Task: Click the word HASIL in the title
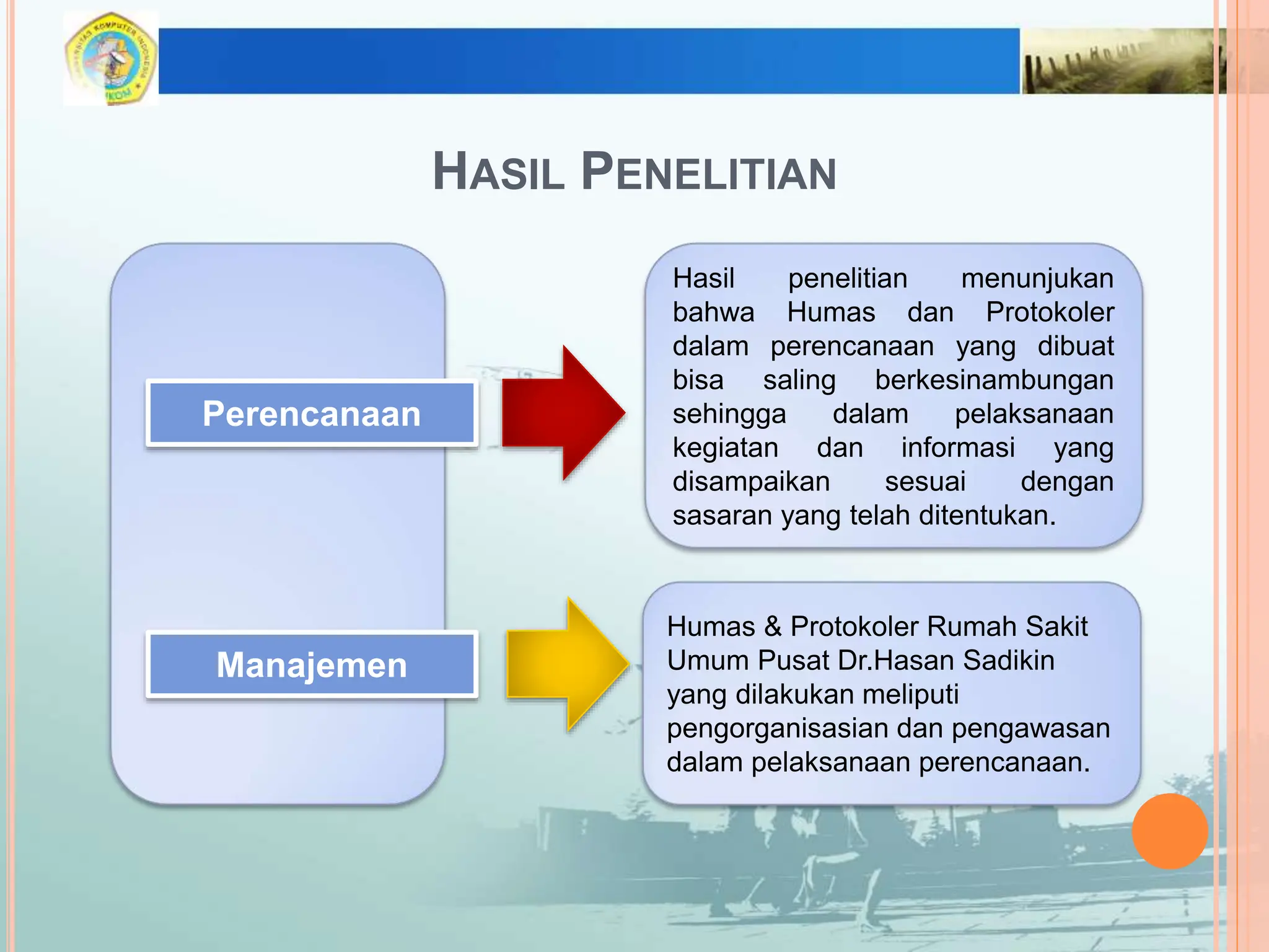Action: click(x=498, y=172)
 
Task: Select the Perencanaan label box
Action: click(x=312, y=413)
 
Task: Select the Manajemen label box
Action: click(x=312, y=665)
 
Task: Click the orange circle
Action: click(x=1169, y=831)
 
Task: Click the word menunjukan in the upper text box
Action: click(x=1037, y=278)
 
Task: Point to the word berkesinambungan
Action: click(x=993, y=380)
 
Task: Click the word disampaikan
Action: click(x=751, y=482)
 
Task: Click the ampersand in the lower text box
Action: click(x=772, y=627)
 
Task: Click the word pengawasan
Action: click(x=1030, y=728)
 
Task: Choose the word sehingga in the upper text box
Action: click(x=729, y=414)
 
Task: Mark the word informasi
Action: click(x=957, y=447)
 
